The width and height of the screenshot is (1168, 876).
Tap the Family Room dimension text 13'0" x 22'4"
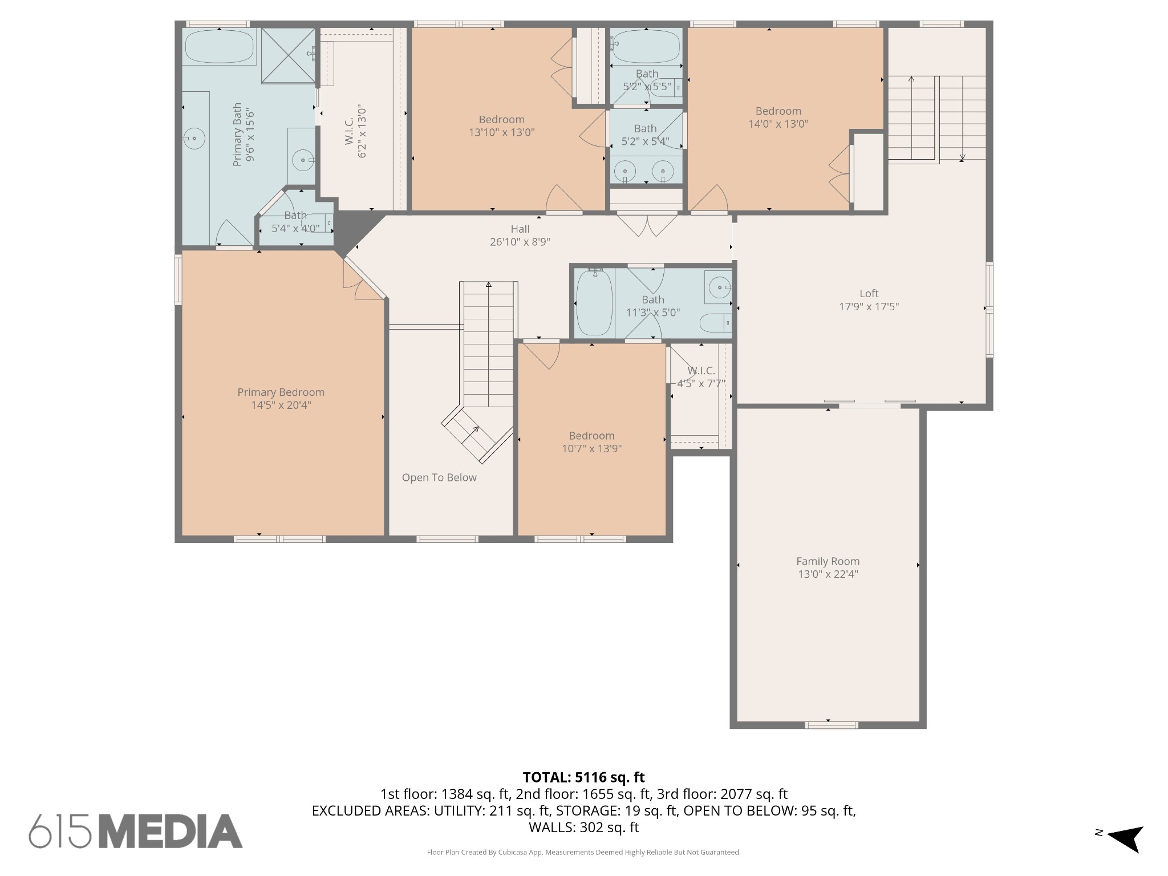[x=828, y=574]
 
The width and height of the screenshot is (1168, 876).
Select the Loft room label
[x=869, y=294]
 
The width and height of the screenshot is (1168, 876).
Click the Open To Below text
[x=439, y=478]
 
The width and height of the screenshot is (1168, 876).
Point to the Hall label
[x=520, y=229]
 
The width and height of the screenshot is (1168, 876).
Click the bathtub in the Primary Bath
[x=220, y=46]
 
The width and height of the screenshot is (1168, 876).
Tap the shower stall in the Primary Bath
[x=288, y=55]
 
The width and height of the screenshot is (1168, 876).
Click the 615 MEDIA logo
[x=136, y=831]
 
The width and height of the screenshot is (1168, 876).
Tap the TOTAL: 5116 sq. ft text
[x=583, y=777]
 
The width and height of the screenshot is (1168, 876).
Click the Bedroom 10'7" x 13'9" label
[x=591, y=442]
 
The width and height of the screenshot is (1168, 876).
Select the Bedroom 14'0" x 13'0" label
[x=778, y=117]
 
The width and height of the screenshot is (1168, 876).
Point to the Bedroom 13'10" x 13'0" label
[x=502, y=126]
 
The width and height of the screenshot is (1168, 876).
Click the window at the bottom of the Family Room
[x=832, y=725]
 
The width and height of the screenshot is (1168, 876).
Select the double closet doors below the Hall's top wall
[x=647, y=224]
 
